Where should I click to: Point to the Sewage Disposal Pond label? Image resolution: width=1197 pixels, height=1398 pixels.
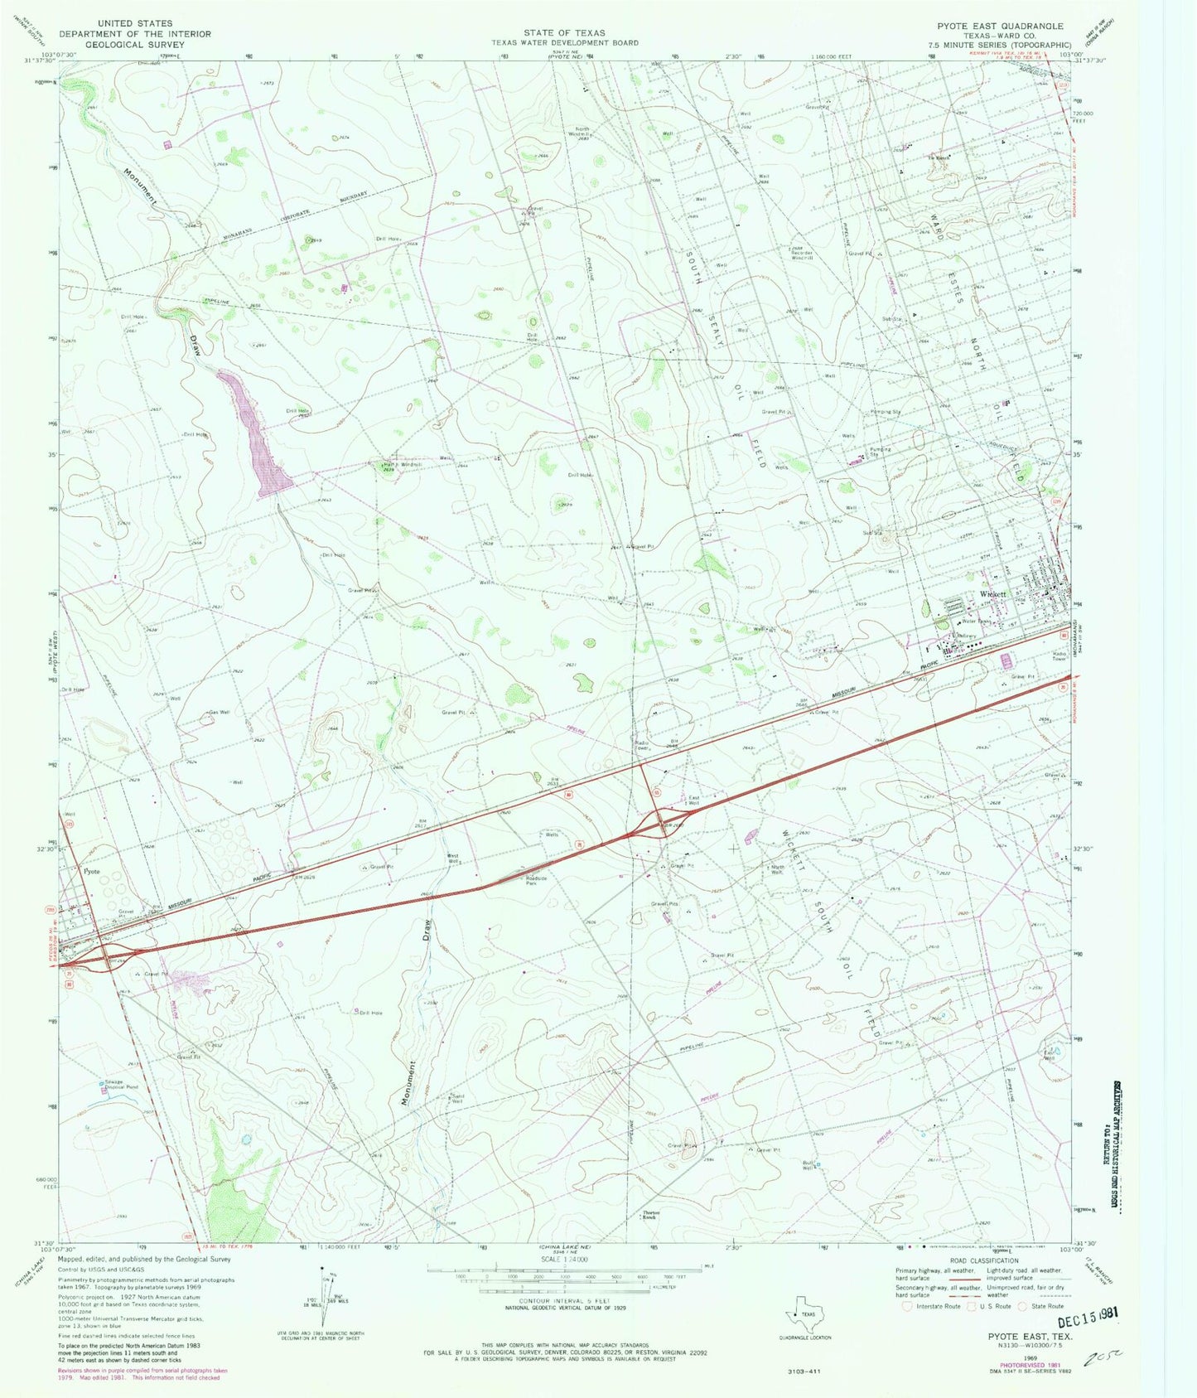[120, 1084]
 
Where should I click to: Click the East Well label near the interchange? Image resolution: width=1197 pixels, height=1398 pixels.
[694, 801]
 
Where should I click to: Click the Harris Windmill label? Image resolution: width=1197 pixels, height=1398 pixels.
[402, 465]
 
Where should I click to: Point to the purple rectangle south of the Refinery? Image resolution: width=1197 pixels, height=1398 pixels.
[1007, 661]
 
